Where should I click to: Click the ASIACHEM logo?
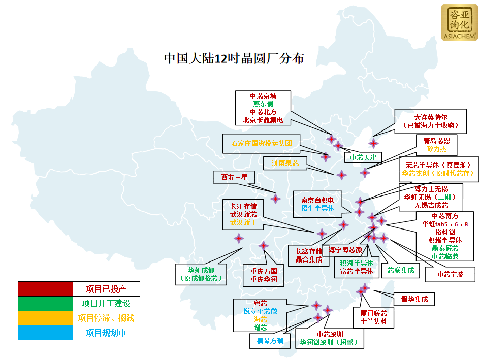(459, 22)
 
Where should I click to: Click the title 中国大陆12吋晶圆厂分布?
(234, 58)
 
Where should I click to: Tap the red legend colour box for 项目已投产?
(45, 289)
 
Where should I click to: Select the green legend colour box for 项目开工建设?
(45, 303)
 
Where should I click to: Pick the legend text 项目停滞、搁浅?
(106, 318)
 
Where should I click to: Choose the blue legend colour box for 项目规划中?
(45, 333)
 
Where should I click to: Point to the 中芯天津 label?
(363, 157)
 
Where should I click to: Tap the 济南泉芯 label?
(285, 163)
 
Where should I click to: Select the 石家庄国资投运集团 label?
(262, 143)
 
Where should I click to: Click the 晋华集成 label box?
(414, 299)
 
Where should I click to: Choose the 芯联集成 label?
(401, 270)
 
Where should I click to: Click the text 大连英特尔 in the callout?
(431, 117)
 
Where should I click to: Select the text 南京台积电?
(317, 200)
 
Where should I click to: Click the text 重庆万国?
(263, 271)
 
